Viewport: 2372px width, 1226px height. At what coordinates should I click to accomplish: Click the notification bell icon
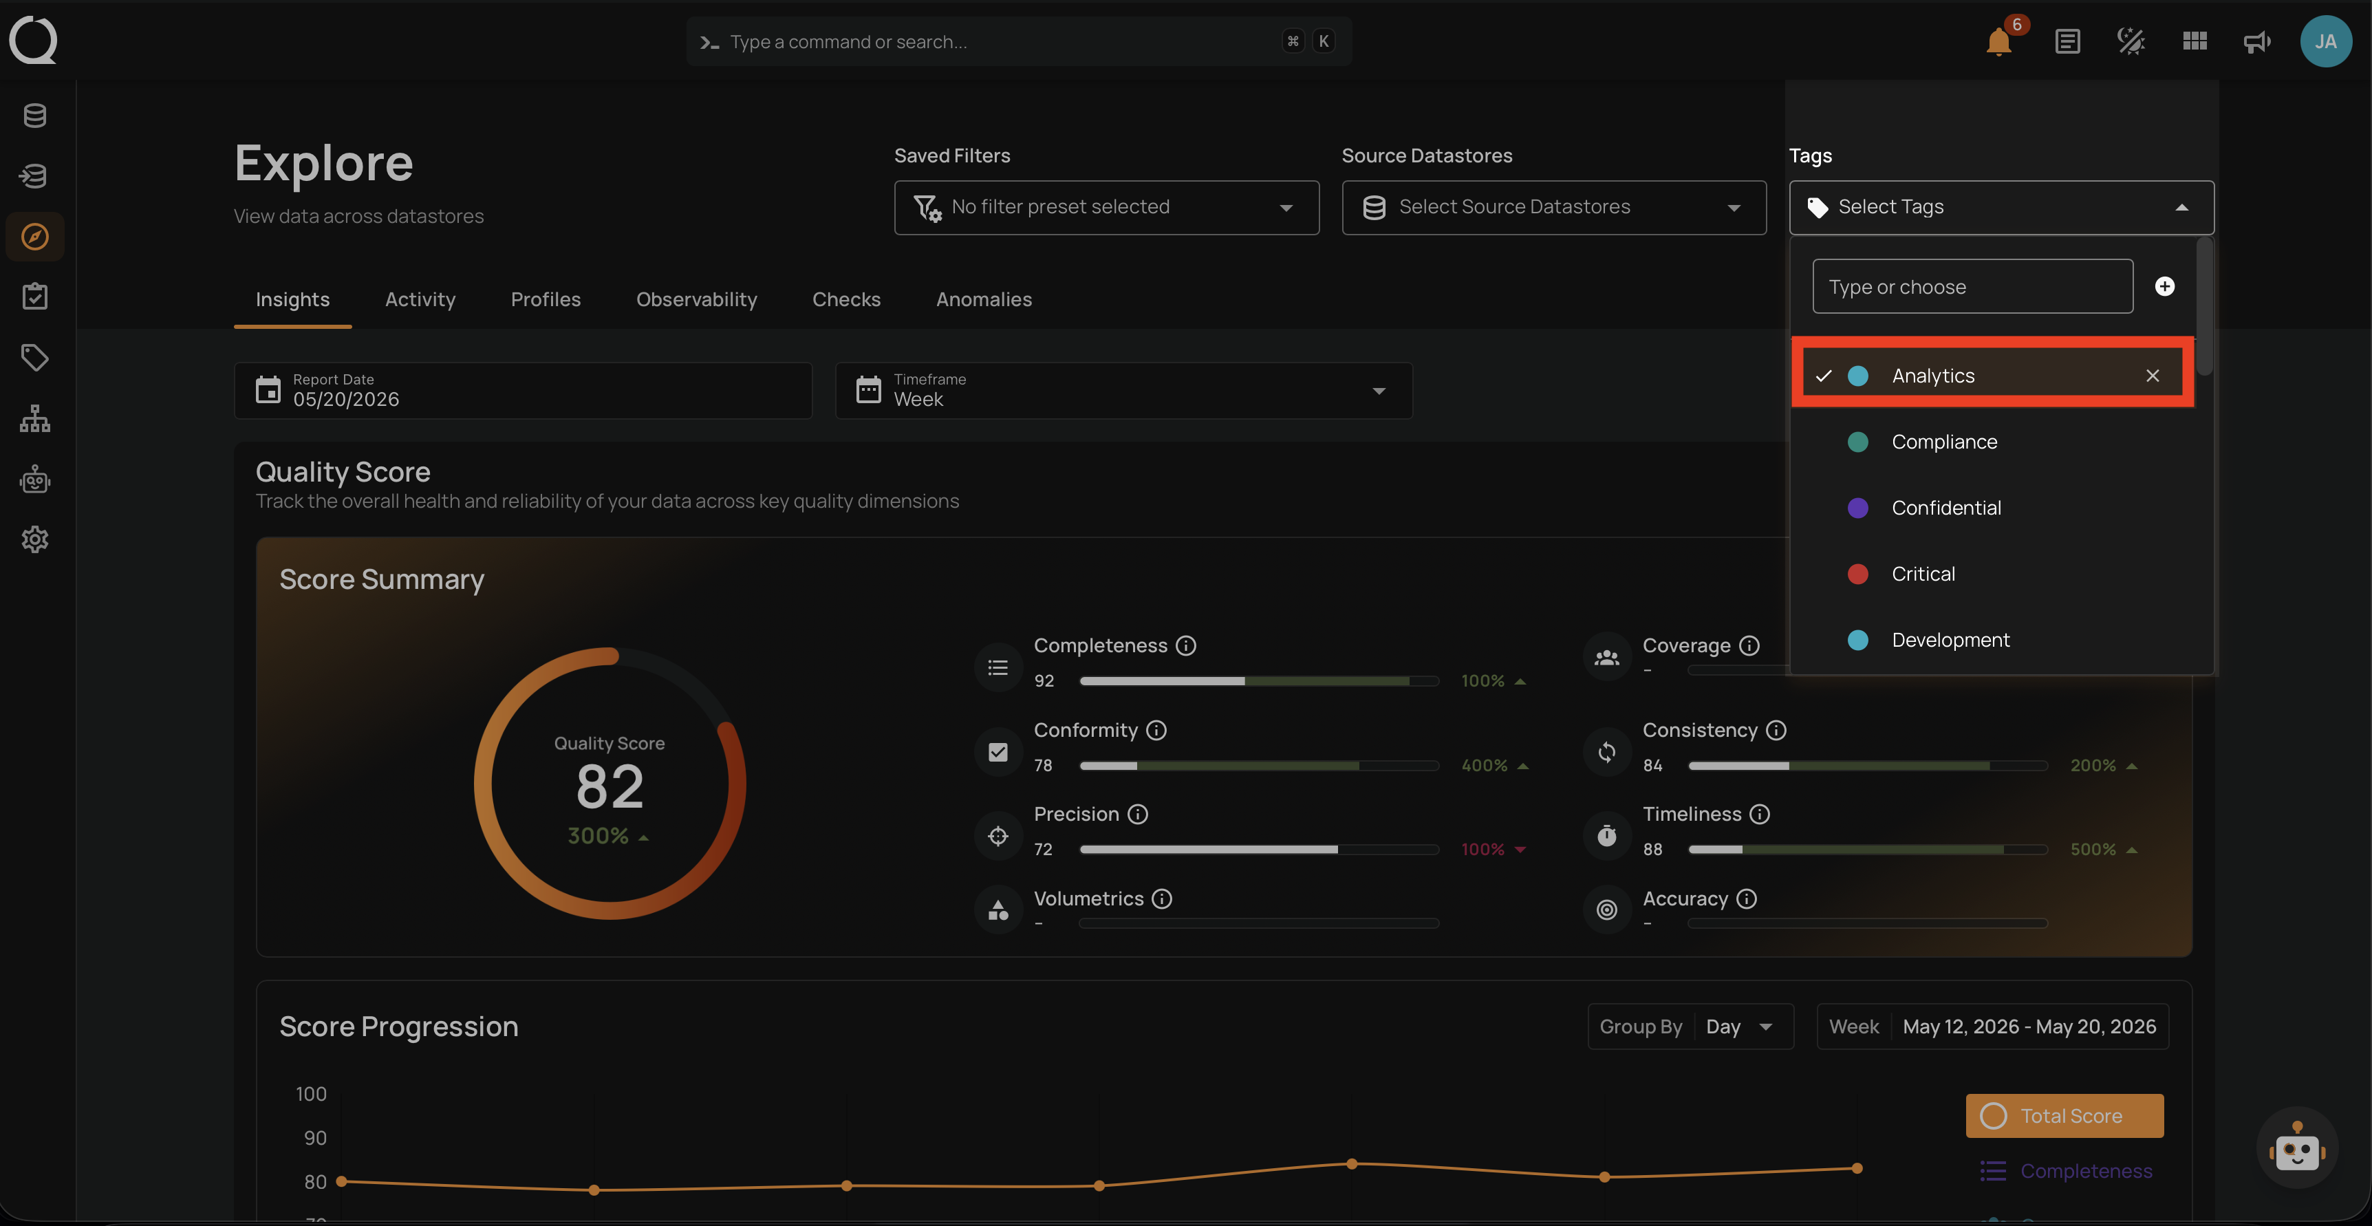[x=1998, y=43]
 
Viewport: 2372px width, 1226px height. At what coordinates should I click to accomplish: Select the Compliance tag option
[x=1944, y=442]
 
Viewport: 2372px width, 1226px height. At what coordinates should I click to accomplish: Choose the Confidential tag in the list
[x=1945, y=508]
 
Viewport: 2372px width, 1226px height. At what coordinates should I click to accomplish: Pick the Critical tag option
[x=1923, y=574]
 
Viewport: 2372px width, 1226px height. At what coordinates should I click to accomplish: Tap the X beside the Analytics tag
[x=2152, y=376]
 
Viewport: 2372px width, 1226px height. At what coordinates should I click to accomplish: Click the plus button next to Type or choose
[x=2165, y=286]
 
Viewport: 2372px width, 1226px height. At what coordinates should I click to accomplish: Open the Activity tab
[x=420, y=299]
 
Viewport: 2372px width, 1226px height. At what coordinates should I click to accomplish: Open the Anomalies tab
[x=984, y=299]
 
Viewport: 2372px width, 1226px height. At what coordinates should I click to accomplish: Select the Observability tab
[x=696, y=299]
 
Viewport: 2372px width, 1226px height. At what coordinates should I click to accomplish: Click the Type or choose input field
[x=1972, y=286]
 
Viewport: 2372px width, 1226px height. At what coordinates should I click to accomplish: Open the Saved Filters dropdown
[x=1106, y=207]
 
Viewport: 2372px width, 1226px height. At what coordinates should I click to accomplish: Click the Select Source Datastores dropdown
[x=1553, y=207]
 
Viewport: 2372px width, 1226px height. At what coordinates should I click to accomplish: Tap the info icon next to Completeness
[x=1186, y=646]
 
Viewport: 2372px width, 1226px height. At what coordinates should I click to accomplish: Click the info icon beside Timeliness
[x=1760, y=815]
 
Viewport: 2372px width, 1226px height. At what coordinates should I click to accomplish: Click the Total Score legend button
[x=2064, y=1115]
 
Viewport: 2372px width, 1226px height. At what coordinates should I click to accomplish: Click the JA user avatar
[x=2325, y=41]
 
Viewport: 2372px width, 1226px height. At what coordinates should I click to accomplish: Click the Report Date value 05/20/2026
[x=346, y=399]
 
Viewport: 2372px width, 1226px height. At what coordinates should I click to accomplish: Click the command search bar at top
[x=1018, y=41]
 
